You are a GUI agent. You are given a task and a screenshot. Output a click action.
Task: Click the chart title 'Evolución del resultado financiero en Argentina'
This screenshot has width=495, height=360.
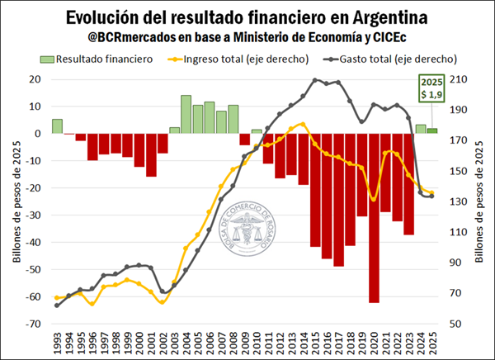point(247,17)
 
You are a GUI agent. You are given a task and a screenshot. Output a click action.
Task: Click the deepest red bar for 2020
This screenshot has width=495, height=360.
point(374,218)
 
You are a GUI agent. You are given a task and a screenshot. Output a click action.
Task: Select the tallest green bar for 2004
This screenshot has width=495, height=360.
point(186,114)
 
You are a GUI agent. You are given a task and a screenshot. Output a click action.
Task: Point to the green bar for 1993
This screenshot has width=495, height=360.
point(57,126)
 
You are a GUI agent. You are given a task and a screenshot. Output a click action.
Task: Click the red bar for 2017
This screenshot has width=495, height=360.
point(338,199)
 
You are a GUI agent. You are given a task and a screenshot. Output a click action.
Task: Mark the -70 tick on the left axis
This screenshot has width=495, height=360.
point(34,324)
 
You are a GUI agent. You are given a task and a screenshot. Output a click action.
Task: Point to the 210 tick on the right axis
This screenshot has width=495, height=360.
point(458,79)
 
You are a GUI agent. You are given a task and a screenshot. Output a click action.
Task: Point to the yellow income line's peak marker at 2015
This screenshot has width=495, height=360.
point(304,124)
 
